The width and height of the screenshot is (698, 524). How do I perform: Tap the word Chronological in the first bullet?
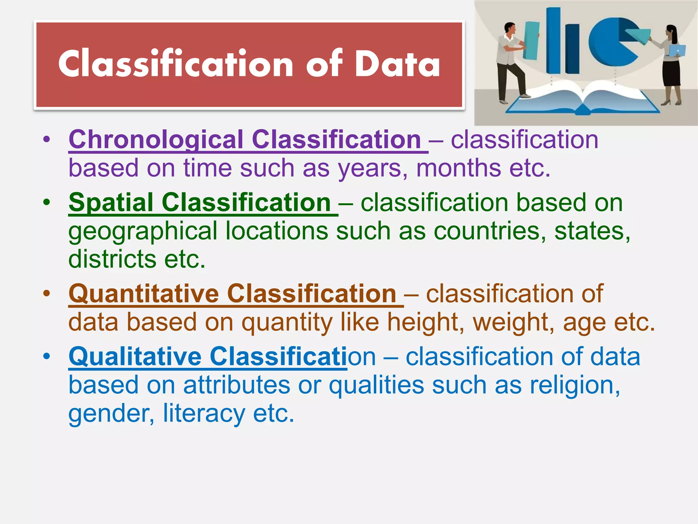156,140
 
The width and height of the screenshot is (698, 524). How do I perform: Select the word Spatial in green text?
111,202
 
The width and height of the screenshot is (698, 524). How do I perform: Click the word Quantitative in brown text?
143,293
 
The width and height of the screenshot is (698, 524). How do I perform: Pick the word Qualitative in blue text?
135,356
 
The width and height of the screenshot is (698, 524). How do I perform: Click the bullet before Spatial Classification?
47,202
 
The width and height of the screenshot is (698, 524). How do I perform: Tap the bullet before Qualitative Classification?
47,356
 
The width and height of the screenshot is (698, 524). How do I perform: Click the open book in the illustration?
583,101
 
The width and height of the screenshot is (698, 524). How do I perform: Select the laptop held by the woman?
677,50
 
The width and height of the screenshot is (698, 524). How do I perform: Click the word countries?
486,231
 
